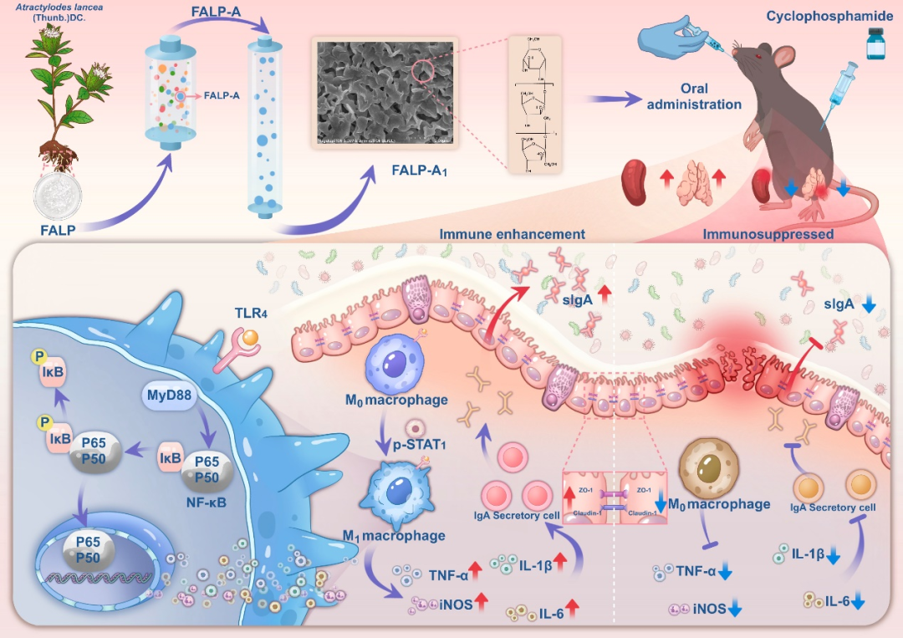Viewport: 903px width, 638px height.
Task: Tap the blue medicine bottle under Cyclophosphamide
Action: (875, 43)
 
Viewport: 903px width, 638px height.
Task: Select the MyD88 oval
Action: (167, 396)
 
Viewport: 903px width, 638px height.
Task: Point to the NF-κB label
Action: (207, 503)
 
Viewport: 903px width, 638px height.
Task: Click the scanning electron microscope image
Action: (383, 91)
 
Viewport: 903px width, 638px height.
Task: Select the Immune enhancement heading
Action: (512, 234)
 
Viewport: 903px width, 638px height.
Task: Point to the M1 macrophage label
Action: (393, 535)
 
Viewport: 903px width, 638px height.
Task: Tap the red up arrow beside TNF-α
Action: (476, 573)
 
